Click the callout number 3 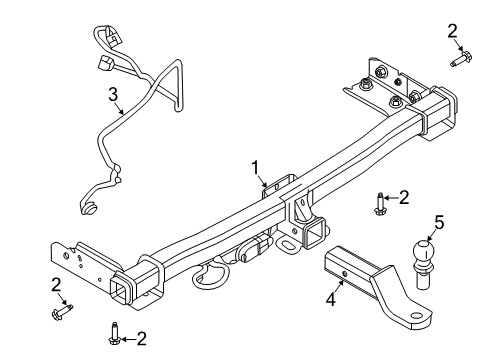(114, 95)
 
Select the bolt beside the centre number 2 (381, 204)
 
